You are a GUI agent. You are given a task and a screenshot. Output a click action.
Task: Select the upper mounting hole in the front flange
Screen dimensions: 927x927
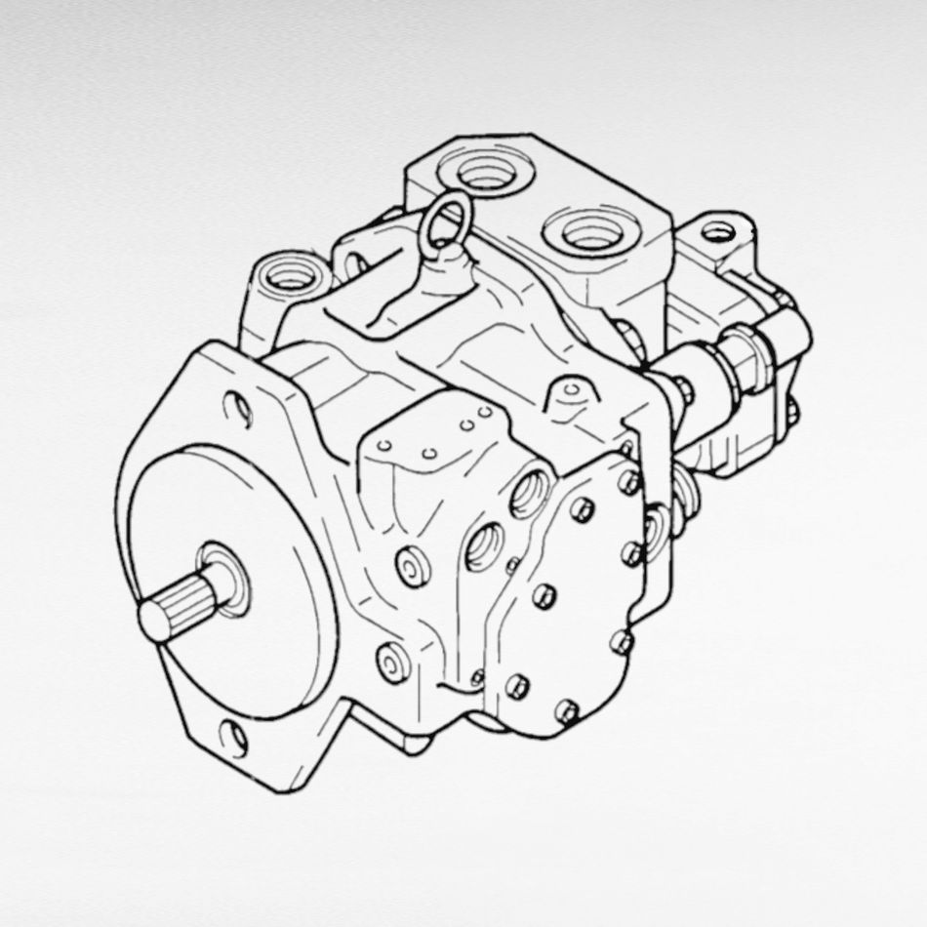pos(237,408)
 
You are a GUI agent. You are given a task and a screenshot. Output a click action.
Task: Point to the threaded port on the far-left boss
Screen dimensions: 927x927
pos(289,275)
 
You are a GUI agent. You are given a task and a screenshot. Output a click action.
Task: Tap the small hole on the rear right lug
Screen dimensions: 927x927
pos(719,232)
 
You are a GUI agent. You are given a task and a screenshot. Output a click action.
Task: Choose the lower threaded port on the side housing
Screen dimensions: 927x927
pos(485,547)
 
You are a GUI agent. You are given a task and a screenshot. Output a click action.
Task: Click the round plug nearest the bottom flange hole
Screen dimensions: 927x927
pos(392,665)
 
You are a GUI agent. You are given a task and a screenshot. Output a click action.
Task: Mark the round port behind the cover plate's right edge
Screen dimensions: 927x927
pos(651,528)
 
